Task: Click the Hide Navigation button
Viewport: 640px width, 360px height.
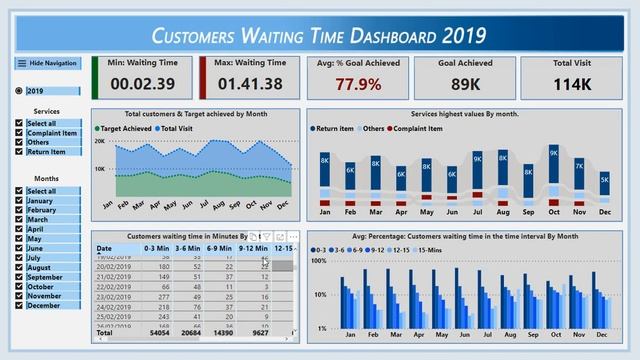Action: tap(47, 63)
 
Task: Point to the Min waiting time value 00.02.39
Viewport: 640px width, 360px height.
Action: tap(142, 84)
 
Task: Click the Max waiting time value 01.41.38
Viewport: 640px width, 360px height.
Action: tap(250, 84)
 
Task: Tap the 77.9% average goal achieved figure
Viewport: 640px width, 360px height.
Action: tap(358, 84)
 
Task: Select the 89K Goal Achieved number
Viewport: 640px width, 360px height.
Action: tap(465, 84)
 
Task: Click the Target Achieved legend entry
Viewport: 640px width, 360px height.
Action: tap(126, 129)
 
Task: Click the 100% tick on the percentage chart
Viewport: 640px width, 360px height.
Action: tap(320, 261)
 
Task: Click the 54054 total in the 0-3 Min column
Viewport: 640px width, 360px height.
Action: tap(158, 333)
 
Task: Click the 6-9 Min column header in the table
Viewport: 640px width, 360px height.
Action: tap(220, 248)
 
